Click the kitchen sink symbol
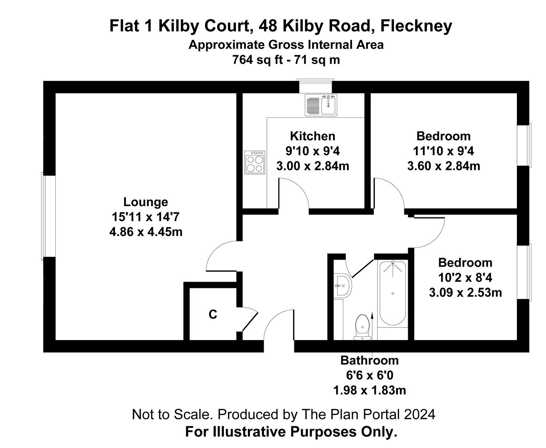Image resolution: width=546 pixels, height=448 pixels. coord(321,105)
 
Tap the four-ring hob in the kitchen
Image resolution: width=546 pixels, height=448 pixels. coord(255,163)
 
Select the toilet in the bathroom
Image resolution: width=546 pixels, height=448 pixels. coord(362,327)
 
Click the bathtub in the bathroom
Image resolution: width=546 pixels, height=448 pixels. coord(392,293)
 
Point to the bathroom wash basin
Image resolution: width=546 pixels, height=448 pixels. coord(343,286)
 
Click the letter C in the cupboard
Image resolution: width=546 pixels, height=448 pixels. coord(213,314)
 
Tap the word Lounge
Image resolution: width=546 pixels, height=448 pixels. coord(145,202)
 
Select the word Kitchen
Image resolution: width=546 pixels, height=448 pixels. coord(313,136)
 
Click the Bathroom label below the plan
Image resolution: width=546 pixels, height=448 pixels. coord(370,360)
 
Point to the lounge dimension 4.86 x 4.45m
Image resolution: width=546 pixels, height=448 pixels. coord(146,232)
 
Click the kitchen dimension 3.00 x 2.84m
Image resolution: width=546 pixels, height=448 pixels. coord(313,166)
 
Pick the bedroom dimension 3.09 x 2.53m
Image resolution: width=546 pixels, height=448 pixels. coord(465,292)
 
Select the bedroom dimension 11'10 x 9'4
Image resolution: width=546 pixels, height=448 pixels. coord(443,151)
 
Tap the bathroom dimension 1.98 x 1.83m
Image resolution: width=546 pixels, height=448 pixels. coord(370,390)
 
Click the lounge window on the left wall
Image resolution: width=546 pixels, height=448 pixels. coord(49,216)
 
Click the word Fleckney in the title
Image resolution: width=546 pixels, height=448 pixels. coord(416,26)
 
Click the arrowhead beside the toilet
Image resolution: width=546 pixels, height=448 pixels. coord(372,315)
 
